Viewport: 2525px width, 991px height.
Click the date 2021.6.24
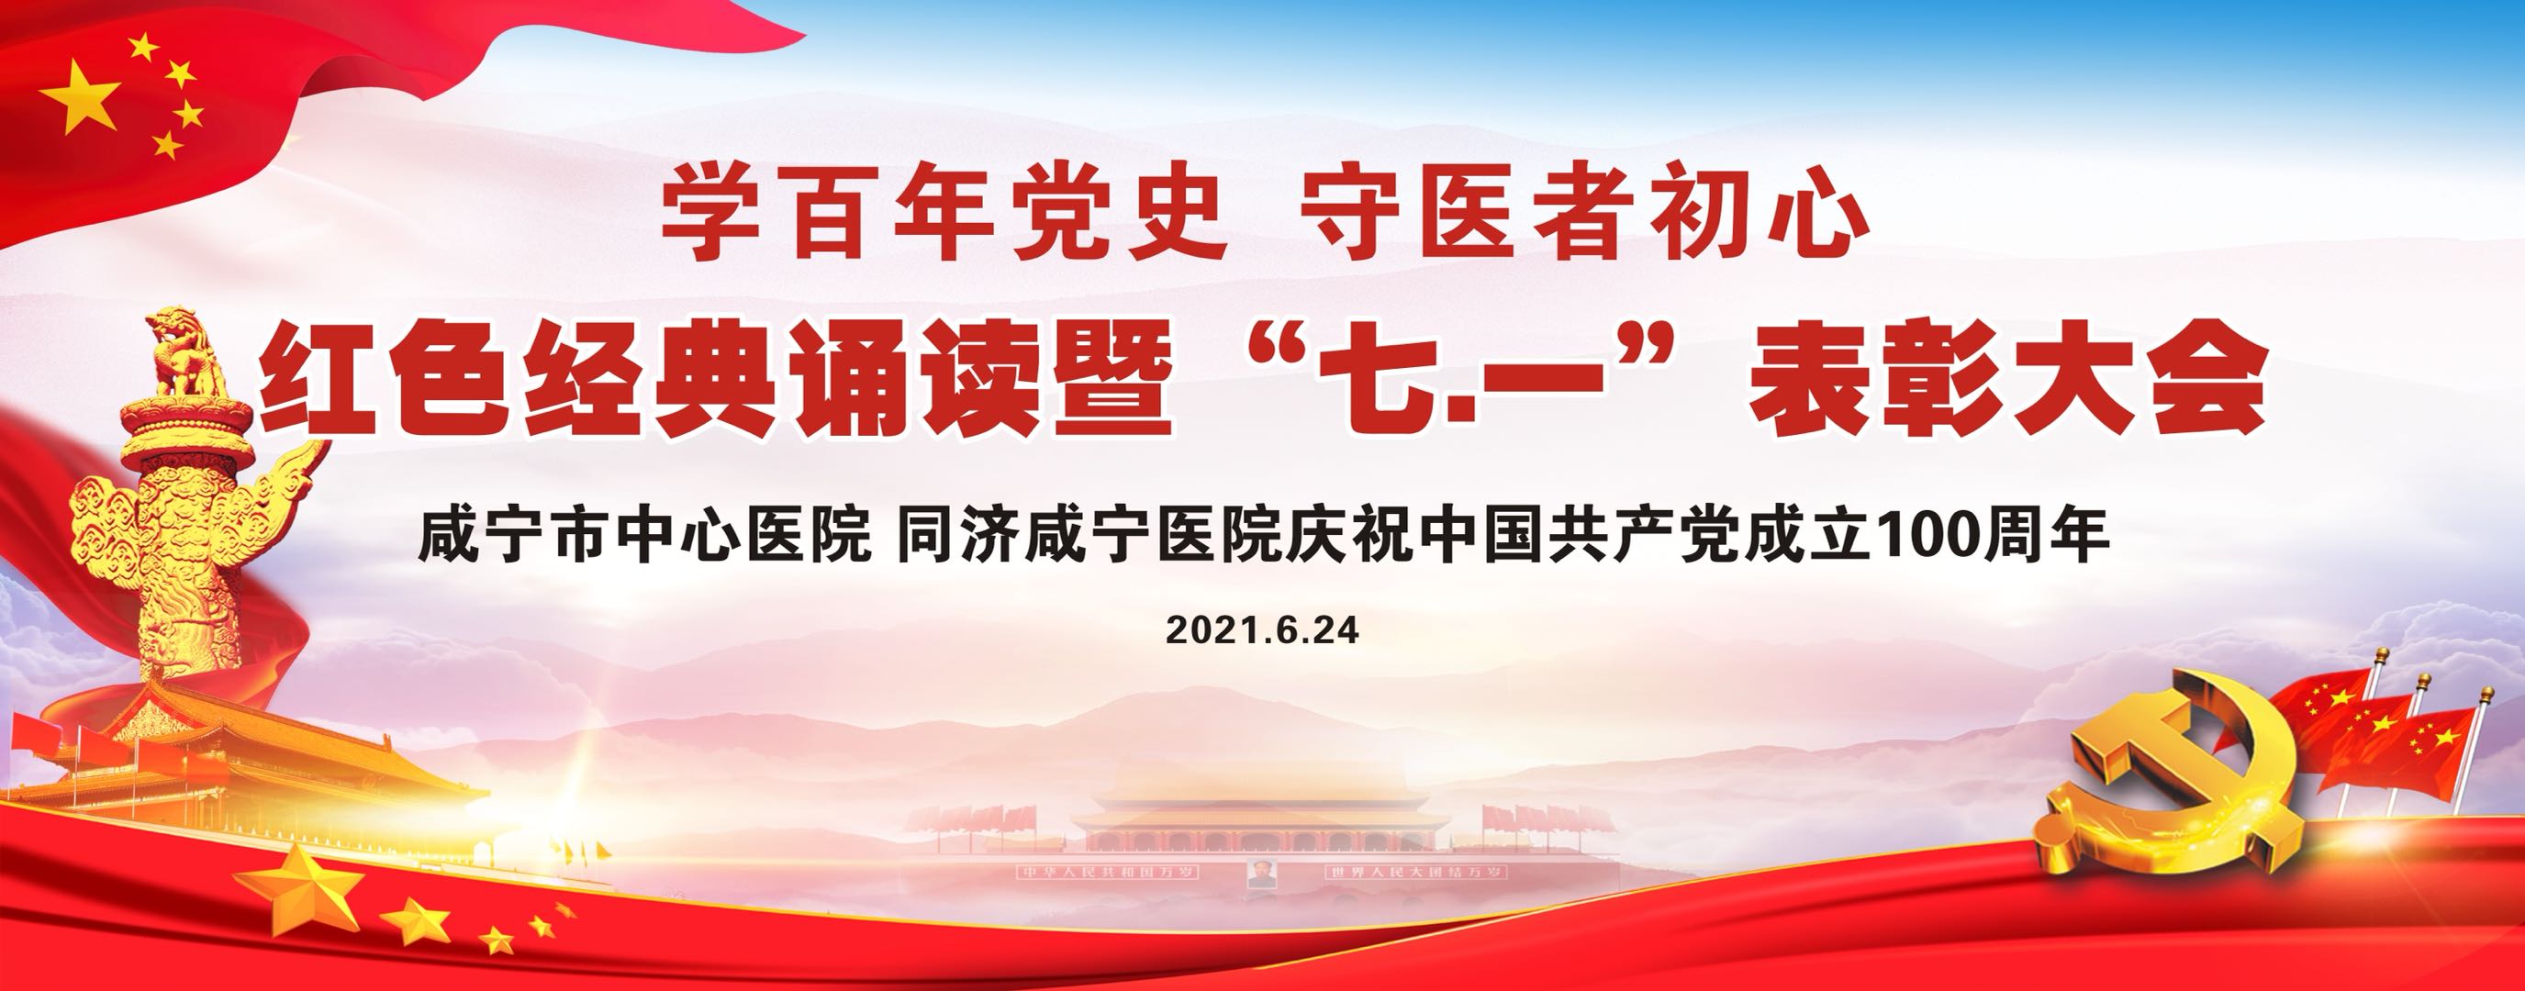[x=1263, y=629]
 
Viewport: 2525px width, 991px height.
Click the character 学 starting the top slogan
[x=711, y=215]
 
